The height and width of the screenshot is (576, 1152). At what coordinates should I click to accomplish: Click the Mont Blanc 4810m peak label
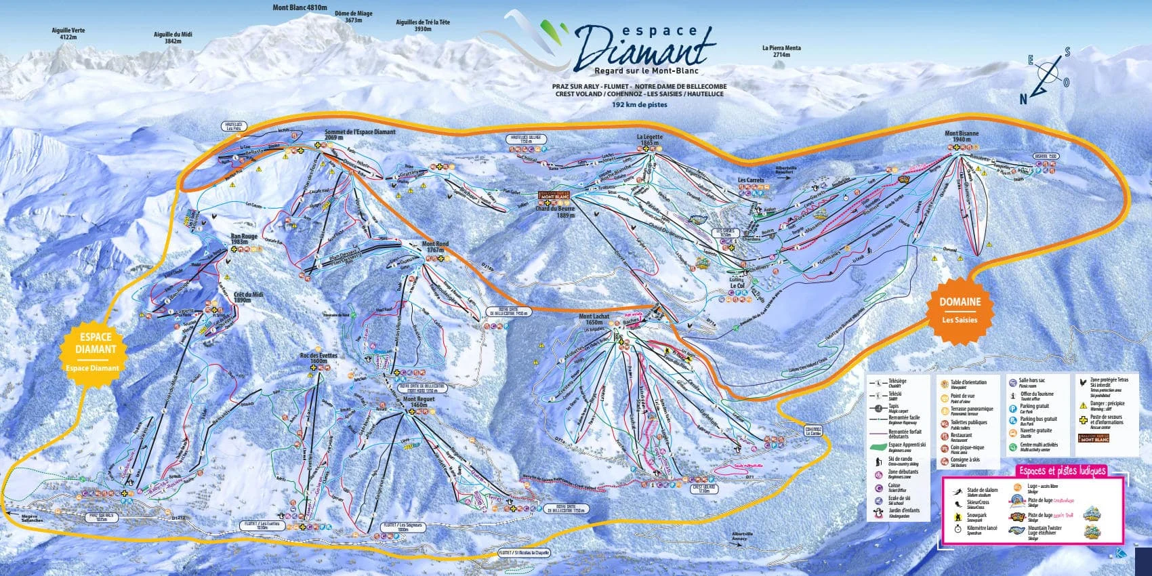(299, 8)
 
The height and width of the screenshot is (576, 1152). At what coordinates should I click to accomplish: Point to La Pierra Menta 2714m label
(781, 52)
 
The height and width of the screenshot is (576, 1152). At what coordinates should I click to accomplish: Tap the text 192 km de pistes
(639, 105)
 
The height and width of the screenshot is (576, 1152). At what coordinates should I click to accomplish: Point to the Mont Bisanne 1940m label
(962, 136)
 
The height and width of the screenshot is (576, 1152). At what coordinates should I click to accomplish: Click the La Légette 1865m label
(649, 140)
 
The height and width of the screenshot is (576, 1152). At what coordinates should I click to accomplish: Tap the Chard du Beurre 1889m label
(555, 211)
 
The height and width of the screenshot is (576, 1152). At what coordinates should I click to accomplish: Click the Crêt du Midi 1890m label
(247, 297)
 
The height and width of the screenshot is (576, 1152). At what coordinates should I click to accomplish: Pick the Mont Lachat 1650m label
(594, 319)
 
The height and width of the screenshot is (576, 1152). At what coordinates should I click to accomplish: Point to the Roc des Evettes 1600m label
(318, 358)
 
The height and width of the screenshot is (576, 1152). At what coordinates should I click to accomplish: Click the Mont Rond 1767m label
(435, 247)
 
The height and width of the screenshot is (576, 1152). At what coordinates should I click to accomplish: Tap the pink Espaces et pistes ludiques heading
(1062, 470)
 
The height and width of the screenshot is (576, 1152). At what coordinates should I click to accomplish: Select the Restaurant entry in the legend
(961, 435)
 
